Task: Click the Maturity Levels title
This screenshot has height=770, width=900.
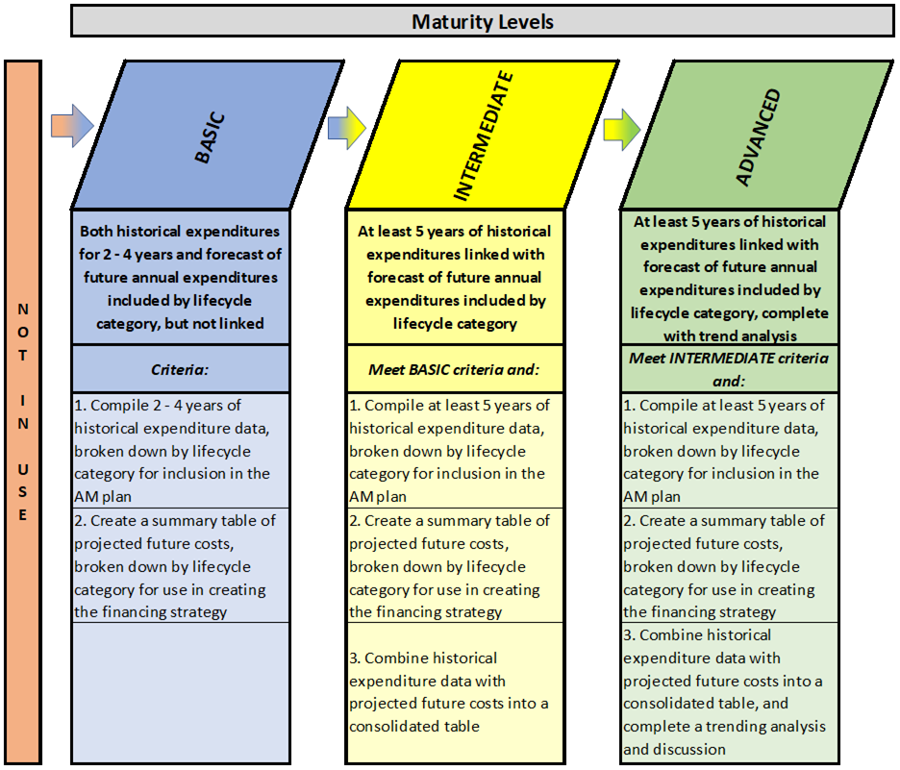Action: coord(482,22)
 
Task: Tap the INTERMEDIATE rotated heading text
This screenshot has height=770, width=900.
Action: coord(483,136)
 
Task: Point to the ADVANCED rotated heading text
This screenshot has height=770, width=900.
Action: coord(759,137)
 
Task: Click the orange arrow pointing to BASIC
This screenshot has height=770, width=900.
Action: coord(72,126)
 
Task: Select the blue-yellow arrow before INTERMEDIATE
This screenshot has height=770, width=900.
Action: coord(347,128)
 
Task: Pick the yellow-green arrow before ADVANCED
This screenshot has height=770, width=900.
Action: coord(621,130)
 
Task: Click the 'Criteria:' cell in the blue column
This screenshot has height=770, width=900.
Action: coord(180,369)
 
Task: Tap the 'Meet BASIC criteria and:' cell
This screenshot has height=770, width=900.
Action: coord(455,369)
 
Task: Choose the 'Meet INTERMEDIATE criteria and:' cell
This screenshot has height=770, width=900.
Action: coord(729,369)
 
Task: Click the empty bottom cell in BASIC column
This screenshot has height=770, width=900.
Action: coord(180,692)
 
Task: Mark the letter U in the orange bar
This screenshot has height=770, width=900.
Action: coord(23,469)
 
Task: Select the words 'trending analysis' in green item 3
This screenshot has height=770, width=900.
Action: coord(765,727)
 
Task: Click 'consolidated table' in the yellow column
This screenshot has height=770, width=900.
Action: coord(413,727)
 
